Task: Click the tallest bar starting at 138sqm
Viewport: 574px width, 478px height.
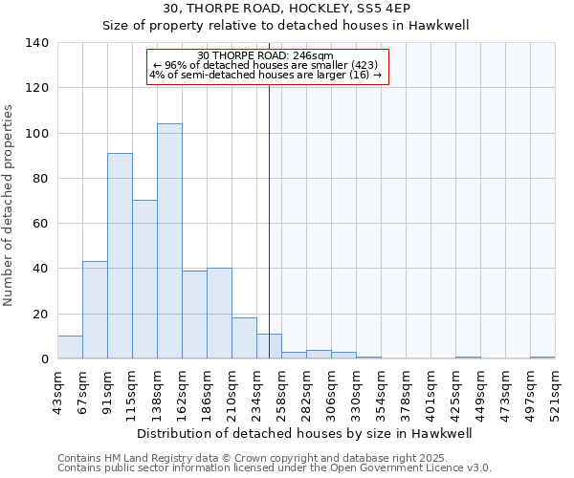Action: pyautogui.click(x=169, y=241)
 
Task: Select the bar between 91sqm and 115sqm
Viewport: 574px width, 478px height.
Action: pyautogui.click(x=120, y=255)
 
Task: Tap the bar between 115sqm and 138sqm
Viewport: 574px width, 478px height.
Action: pyautogui.click(x=144, y=279)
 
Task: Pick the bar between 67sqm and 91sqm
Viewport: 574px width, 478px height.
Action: pyautogui.click(x=95, y=310)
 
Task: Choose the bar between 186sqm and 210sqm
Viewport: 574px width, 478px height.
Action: pyautogui.click(x=219, y=313)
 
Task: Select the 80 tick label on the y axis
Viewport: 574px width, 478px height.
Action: pyautogui.click(x=40, y=178)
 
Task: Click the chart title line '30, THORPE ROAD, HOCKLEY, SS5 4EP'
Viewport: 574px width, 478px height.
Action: pyautogui.click(x=286, y=9)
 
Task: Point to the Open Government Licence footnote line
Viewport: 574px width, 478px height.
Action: pyautogui.click(x=275, y=467)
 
